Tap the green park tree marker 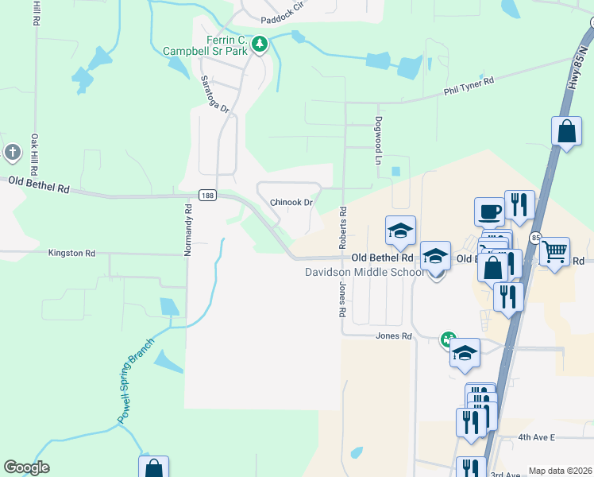[x=259, y=45]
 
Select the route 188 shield [x=206, y=196]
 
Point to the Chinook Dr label [x=291, y=203]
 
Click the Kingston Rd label [x=71, y=254]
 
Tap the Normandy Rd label [x=188, y=231]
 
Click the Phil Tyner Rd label [x=469, y=86]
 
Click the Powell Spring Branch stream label [x=135, y=381]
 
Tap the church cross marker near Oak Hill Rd [x=12, y=152]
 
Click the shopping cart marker [x=554, y=252]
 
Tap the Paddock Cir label [x=283, y=6]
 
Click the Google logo [x=26, y=467]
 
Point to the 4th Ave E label [x=536, y=438]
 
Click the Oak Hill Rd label [x=35, y=154]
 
